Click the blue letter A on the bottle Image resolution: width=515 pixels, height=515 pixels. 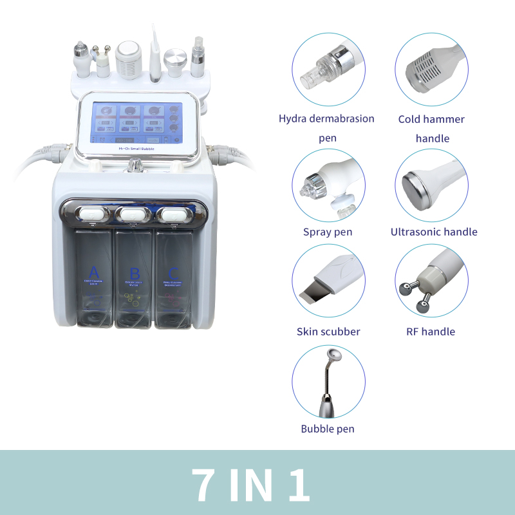pos(94,271)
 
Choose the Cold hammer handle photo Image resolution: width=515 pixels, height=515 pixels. pos(431,69)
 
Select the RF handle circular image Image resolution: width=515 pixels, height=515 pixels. pos(431,283)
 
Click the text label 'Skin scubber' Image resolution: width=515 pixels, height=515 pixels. pos(328,332)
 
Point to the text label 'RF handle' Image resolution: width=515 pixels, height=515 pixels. pos(431,332)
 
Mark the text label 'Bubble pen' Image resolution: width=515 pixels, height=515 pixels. pos(328,429)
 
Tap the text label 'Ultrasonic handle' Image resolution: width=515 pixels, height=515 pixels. pos(434,232)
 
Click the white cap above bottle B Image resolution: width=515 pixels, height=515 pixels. pos(134,213)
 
